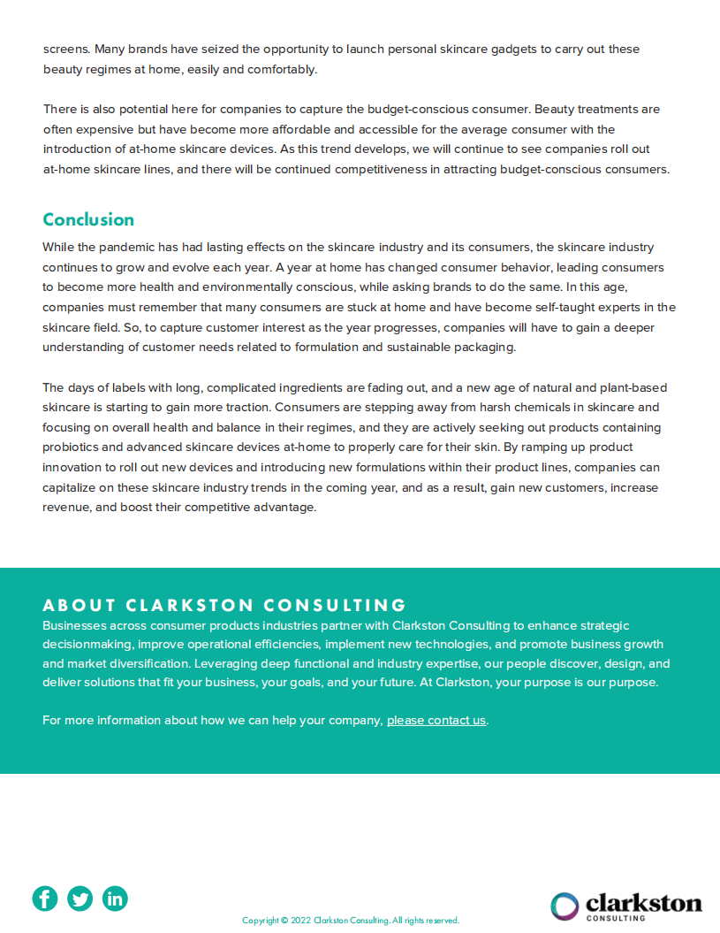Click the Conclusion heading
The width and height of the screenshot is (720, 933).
pyautogui.click(x=88, y=219)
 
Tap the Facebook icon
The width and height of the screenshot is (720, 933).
pyautogui.click(x=45, y=899)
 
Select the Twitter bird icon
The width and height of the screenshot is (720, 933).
pyautogui.click(x=80, y=899)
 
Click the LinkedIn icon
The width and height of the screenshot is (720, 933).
pyautogui.click(x=115, y=899)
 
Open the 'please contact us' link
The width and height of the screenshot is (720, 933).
pyautogui.click(x=436, y=720)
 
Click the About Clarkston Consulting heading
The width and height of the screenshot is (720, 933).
pyautogui.click(x=224, y=606)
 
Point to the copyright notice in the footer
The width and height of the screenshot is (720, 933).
pyautogui.click(x=351, y=920)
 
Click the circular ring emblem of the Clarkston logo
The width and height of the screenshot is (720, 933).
pyautogui.click(x=565, y=906)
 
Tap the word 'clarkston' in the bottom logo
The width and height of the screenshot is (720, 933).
pyautogui.click(x=644, y=902)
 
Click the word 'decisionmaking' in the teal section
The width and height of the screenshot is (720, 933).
pyautogui.click(x=87, y=645)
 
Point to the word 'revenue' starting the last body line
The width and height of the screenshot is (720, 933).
pyautogui.click(x=67, y=508)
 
